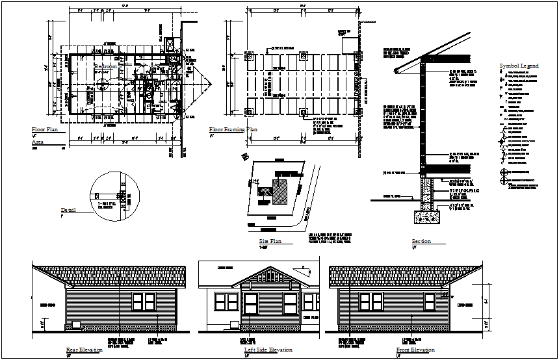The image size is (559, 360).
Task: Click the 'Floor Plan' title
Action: point(45,130)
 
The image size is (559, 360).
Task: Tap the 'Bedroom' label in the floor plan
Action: point(105,66)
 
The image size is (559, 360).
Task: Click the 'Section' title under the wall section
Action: point(421,242)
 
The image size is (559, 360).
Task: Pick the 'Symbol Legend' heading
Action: point(519,66)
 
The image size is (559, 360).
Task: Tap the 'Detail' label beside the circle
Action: point(68,210)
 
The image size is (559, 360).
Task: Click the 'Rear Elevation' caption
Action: point(84,350)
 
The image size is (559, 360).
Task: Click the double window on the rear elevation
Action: point(144,302)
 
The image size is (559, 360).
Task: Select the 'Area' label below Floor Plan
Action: point(37,141)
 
